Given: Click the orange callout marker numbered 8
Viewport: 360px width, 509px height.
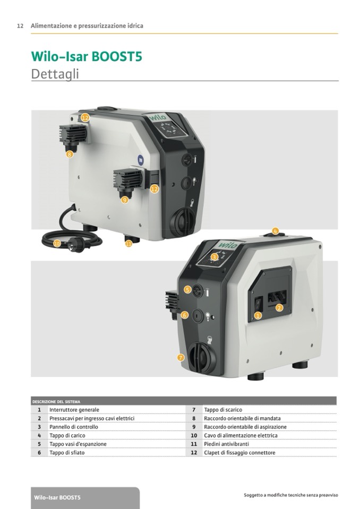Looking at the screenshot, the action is pyautogui.click(x=69, y=154).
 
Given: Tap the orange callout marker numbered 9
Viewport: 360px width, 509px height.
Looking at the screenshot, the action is pyautogui.click(x=125, y=200).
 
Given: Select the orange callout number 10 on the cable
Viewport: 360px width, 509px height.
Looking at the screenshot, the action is pyautogui.click(x=57, y=243).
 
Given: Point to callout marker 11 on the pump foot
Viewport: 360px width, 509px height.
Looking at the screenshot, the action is pyautogui.click(x=129, y=244).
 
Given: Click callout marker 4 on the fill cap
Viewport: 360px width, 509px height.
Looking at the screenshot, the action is pyautogui.click(x=275, y=231).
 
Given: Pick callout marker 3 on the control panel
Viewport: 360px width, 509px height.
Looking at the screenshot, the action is pyautogui.click(x=214, y=257).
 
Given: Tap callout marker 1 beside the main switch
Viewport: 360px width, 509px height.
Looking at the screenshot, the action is pyautogui.click(x=258, y=315).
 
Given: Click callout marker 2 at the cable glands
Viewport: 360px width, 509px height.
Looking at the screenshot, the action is pyautogui.click(x=279, y=308).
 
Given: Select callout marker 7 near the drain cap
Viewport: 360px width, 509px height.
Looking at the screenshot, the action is pyautogui.click(x=181, y=358).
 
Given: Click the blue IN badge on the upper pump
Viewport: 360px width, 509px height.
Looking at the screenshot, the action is pyautogui.click(x=141, y=159).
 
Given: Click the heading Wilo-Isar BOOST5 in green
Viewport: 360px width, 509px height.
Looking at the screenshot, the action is pyautogui.click(x=87, y=56).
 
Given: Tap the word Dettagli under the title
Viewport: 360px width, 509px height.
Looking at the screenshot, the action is pyautogui.click(x=55, y=74).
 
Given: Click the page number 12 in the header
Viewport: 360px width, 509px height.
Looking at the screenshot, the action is pyautogui.click(x=20, y=26).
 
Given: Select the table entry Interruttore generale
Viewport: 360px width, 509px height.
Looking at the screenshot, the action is pyautogui.click(x=74, y=410).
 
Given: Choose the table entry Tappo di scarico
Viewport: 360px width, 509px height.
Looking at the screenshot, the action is pyautogui.click(x=223, y=410).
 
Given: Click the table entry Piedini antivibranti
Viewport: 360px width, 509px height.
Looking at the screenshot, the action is pyautogui.click(x=227, y=444).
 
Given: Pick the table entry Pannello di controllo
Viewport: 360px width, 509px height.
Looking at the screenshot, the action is pyautogui.click(x=74, y=427).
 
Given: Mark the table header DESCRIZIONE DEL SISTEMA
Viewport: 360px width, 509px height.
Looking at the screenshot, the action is pyautogui.click(x=56, y=402).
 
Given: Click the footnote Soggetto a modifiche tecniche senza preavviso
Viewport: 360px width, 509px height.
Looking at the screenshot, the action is pyautogui.click(x=291, y=495).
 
